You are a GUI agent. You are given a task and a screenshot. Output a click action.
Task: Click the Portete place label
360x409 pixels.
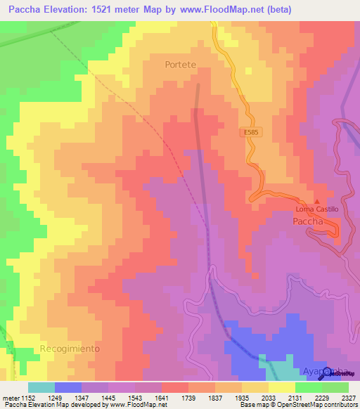pyautogui.click(x=180, y=64)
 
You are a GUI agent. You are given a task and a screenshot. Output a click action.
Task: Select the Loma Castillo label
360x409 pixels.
pyautogui.click(x=316, y=209)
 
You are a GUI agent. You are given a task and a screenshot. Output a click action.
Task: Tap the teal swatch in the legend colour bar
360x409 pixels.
pyautogui.click(x=41, y=387)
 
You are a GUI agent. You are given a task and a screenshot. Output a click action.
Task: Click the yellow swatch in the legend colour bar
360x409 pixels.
pyautogui.click(x=281, y=387)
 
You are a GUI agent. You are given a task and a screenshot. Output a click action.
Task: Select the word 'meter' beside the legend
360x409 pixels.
pyautogui.click(x=10, y=397)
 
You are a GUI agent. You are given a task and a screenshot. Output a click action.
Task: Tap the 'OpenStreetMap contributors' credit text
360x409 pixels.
pyautogui.click(x=318, y=405)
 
